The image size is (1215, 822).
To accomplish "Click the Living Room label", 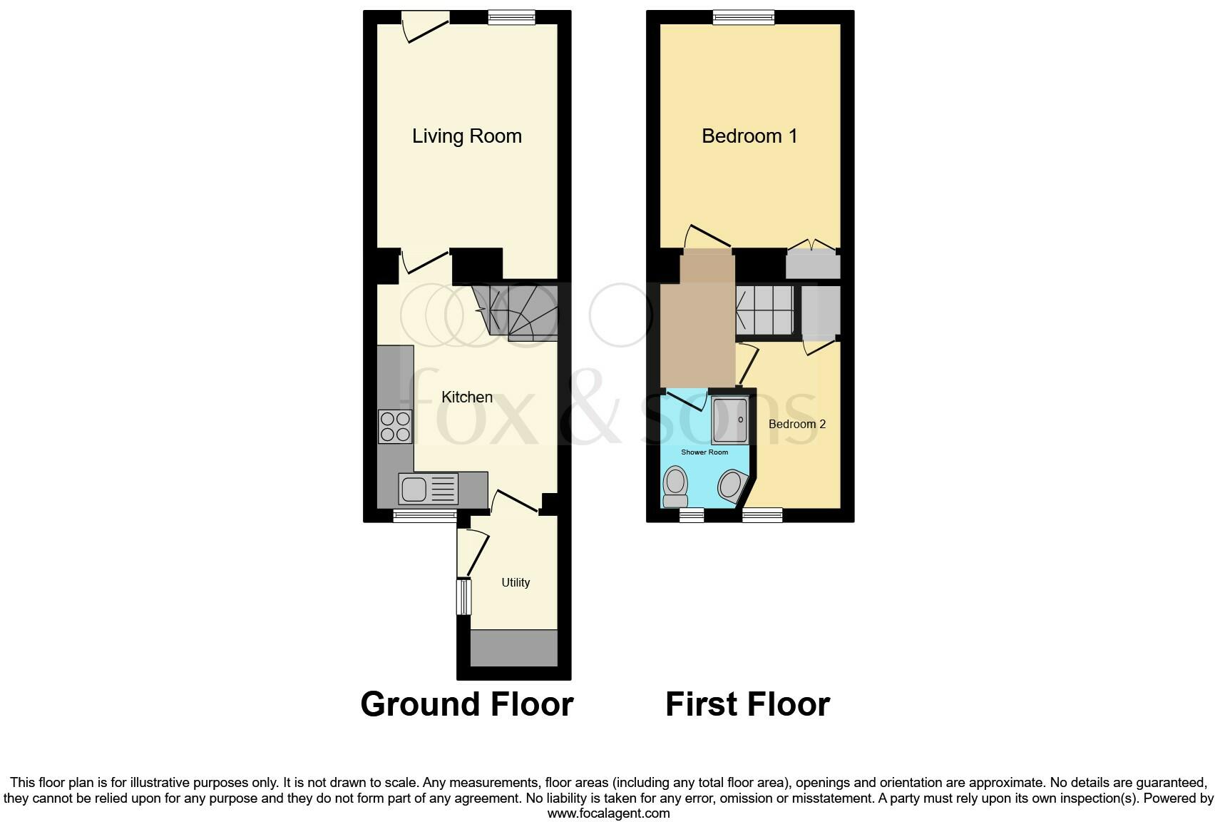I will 466,136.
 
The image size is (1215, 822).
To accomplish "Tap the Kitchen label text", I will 466,397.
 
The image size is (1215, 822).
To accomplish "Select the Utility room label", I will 515,582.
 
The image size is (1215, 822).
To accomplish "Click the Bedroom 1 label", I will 749,136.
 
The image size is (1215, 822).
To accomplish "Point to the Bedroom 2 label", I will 796,424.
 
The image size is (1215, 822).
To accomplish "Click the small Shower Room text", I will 704,452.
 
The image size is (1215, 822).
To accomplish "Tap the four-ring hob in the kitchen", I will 395,426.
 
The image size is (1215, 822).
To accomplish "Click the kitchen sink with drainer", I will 428,489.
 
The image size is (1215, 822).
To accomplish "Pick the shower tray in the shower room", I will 729,420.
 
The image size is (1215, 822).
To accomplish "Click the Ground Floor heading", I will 466,704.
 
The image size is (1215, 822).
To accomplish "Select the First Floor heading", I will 747,704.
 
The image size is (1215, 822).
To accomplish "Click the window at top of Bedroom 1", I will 744,17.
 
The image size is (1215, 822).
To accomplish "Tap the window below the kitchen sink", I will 425,515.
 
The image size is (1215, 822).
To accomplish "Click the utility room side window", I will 463,597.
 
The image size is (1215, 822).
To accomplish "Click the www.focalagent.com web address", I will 608,813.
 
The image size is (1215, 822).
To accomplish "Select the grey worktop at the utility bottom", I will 513,649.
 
